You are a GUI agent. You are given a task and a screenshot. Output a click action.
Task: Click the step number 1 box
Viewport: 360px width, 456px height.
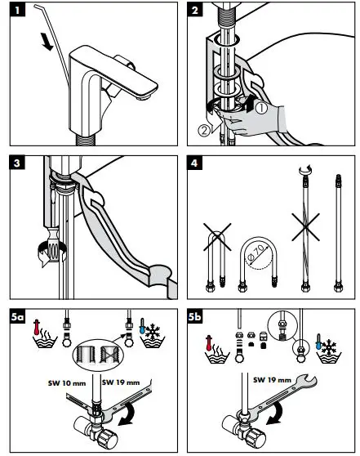pyautogui.click(x=17, y=10)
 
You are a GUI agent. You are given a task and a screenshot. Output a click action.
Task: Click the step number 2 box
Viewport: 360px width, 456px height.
pyautogui.click(x=194, y=10)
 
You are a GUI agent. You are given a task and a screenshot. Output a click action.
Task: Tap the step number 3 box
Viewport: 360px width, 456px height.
pyautogui.click(x=17, y=163)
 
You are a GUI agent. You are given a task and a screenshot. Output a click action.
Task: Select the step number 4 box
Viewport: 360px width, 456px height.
pyautogui.click(x=194, y=163)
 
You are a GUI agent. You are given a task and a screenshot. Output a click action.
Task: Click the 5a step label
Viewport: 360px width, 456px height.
pyautogui.click(x=17, y=317)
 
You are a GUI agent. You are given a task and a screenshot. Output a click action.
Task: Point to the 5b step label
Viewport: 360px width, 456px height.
pyautogui.click(x=195, y=317)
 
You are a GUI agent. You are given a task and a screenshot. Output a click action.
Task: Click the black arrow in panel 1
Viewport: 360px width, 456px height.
pyautogui.click(x=47, y=42)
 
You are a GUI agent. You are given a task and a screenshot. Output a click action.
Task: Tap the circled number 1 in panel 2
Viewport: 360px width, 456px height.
pyautogui.click(x=261, y=108)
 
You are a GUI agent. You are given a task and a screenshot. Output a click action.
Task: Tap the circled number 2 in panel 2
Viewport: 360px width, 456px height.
pyautogui.click(x=204, y=130)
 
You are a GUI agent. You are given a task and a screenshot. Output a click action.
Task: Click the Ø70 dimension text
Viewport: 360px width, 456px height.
pyautogui.click(x=256, y=253)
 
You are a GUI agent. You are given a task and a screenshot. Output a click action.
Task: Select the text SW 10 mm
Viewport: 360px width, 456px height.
pyautogui.click(x=67, y=383)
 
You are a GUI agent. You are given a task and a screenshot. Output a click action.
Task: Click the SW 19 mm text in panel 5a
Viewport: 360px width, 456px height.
pyautogui.click(x=121, y=382)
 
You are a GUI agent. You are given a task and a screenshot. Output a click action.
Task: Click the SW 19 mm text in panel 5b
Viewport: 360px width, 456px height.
pyautogui.click(x=272, y=380)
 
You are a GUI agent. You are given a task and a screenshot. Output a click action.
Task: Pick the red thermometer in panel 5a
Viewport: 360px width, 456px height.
pyautogui.click(x=36, y=327)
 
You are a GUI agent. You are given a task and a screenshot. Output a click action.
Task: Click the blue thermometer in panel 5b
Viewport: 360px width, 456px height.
pyautogui.click(x=318, y=342)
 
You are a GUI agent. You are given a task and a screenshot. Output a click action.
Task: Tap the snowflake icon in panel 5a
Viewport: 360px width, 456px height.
pyautogui.click(x=153, y=332)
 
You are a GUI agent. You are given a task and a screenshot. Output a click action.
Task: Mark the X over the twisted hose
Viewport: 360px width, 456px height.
pyautogui.click(x=305, y=227)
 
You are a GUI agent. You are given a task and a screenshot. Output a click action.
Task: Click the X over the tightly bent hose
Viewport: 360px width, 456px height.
pyautogui.click(x=217, y=237)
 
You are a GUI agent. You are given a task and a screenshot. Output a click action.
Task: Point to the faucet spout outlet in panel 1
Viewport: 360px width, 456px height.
pyautogui.click(x=145, y=97)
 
